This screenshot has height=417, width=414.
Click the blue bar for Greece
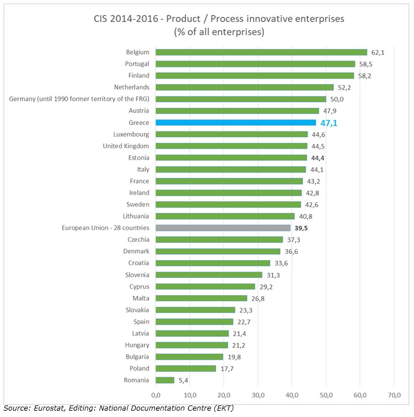point(236,122)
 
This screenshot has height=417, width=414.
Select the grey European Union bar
point(223,228)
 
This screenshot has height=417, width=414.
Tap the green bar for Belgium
point(261,52)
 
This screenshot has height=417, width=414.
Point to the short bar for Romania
point(165,380)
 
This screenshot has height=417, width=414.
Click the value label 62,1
point(378,52)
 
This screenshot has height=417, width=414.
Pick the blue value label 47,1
point(329,122)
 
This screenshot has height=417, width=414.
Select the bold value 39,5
point(302,228)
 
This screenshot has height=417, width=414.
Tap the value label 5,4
point(183,380)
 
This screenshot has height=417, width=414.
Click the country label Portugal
point(137,63)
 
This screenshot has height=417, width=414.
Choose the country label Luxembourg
point(132,134)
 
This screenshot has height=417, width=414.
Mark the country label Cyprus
point(139,286)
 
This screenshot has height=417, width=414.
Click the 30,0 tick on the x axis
point(258,395)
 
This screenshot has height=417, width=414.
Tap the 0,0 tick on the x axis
point(156,395)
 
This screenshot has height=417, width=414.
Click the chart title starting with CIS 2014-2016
point(219,18)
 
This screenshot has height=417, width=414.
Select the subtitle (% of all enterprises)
point(219,32)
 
